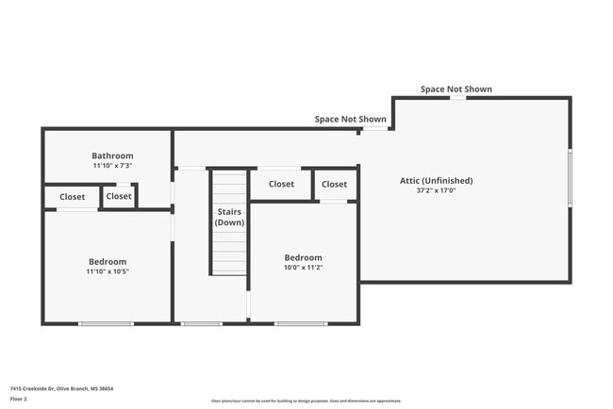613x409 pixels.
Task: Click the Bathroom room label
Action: [x=112, y=155]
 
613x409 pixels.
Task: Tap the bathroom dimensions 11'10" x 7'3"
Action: [x=112, y=166]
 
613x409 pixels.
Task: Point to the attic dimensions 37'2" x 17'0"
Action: [x=436, y=190]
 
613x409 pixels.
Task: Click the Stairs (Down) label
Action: [x=228, y=217]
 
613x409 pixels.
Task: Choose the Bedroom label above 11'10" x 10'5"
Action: [x=108, y=261]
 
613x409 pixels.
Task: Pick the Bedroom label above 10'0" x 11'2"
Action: [x=303, y=257]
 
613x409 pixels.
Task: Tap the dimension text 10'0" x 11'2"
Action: [x=303, y=268]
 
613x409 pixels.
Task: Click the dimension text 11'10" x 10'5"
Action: [x=108, y=271]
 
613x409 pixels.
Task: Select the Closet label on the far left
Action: [x=72, y=197]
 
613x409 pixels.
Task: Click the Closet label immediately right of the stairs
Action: [x=280, y=184]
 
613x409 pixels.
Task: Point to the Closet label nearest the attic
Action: [x=334, y=184]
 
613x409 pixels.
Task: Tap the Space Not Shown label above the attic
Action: [x=456, y=90]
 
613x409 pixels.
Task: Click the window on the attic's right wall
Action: [x=570, y=177]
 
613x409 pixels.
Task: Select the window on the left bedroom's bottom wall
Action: [x=106, y=324]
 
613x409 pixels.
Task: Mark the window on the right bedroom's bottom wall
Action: [x=302, y=324]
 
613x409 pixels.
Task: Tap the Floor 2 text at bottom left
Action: [x=20, y=400]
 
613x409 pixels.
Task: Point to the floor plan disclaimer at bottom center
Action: [x=306, y=400]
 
